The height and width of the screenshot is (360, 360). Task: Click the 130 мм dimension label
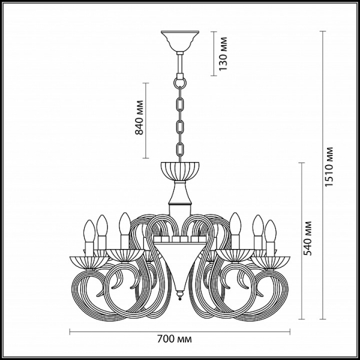click(x=223, y=54)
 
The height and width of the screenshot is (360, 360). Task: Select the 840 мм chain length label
click(x=139, y=118)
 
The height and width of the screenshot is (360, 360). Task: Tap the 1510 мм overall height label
click(x=329, y=166)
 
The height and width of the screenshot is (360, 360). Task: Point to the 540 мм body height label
click(x=307, y=238)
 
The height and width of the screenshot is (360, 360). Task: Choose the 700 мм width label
click(x=175, y=339)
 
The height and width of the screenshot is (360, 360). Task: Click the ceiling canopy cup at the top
click(x=180, y=41)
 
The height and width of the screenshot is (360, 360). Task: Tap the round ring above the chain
click(x=180, y=83)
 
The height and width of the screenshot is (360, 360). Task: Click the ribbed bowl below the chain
click(x=180, y=171)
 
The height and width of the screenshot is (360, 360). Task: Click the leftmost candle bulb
click(x=89, y=231)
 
